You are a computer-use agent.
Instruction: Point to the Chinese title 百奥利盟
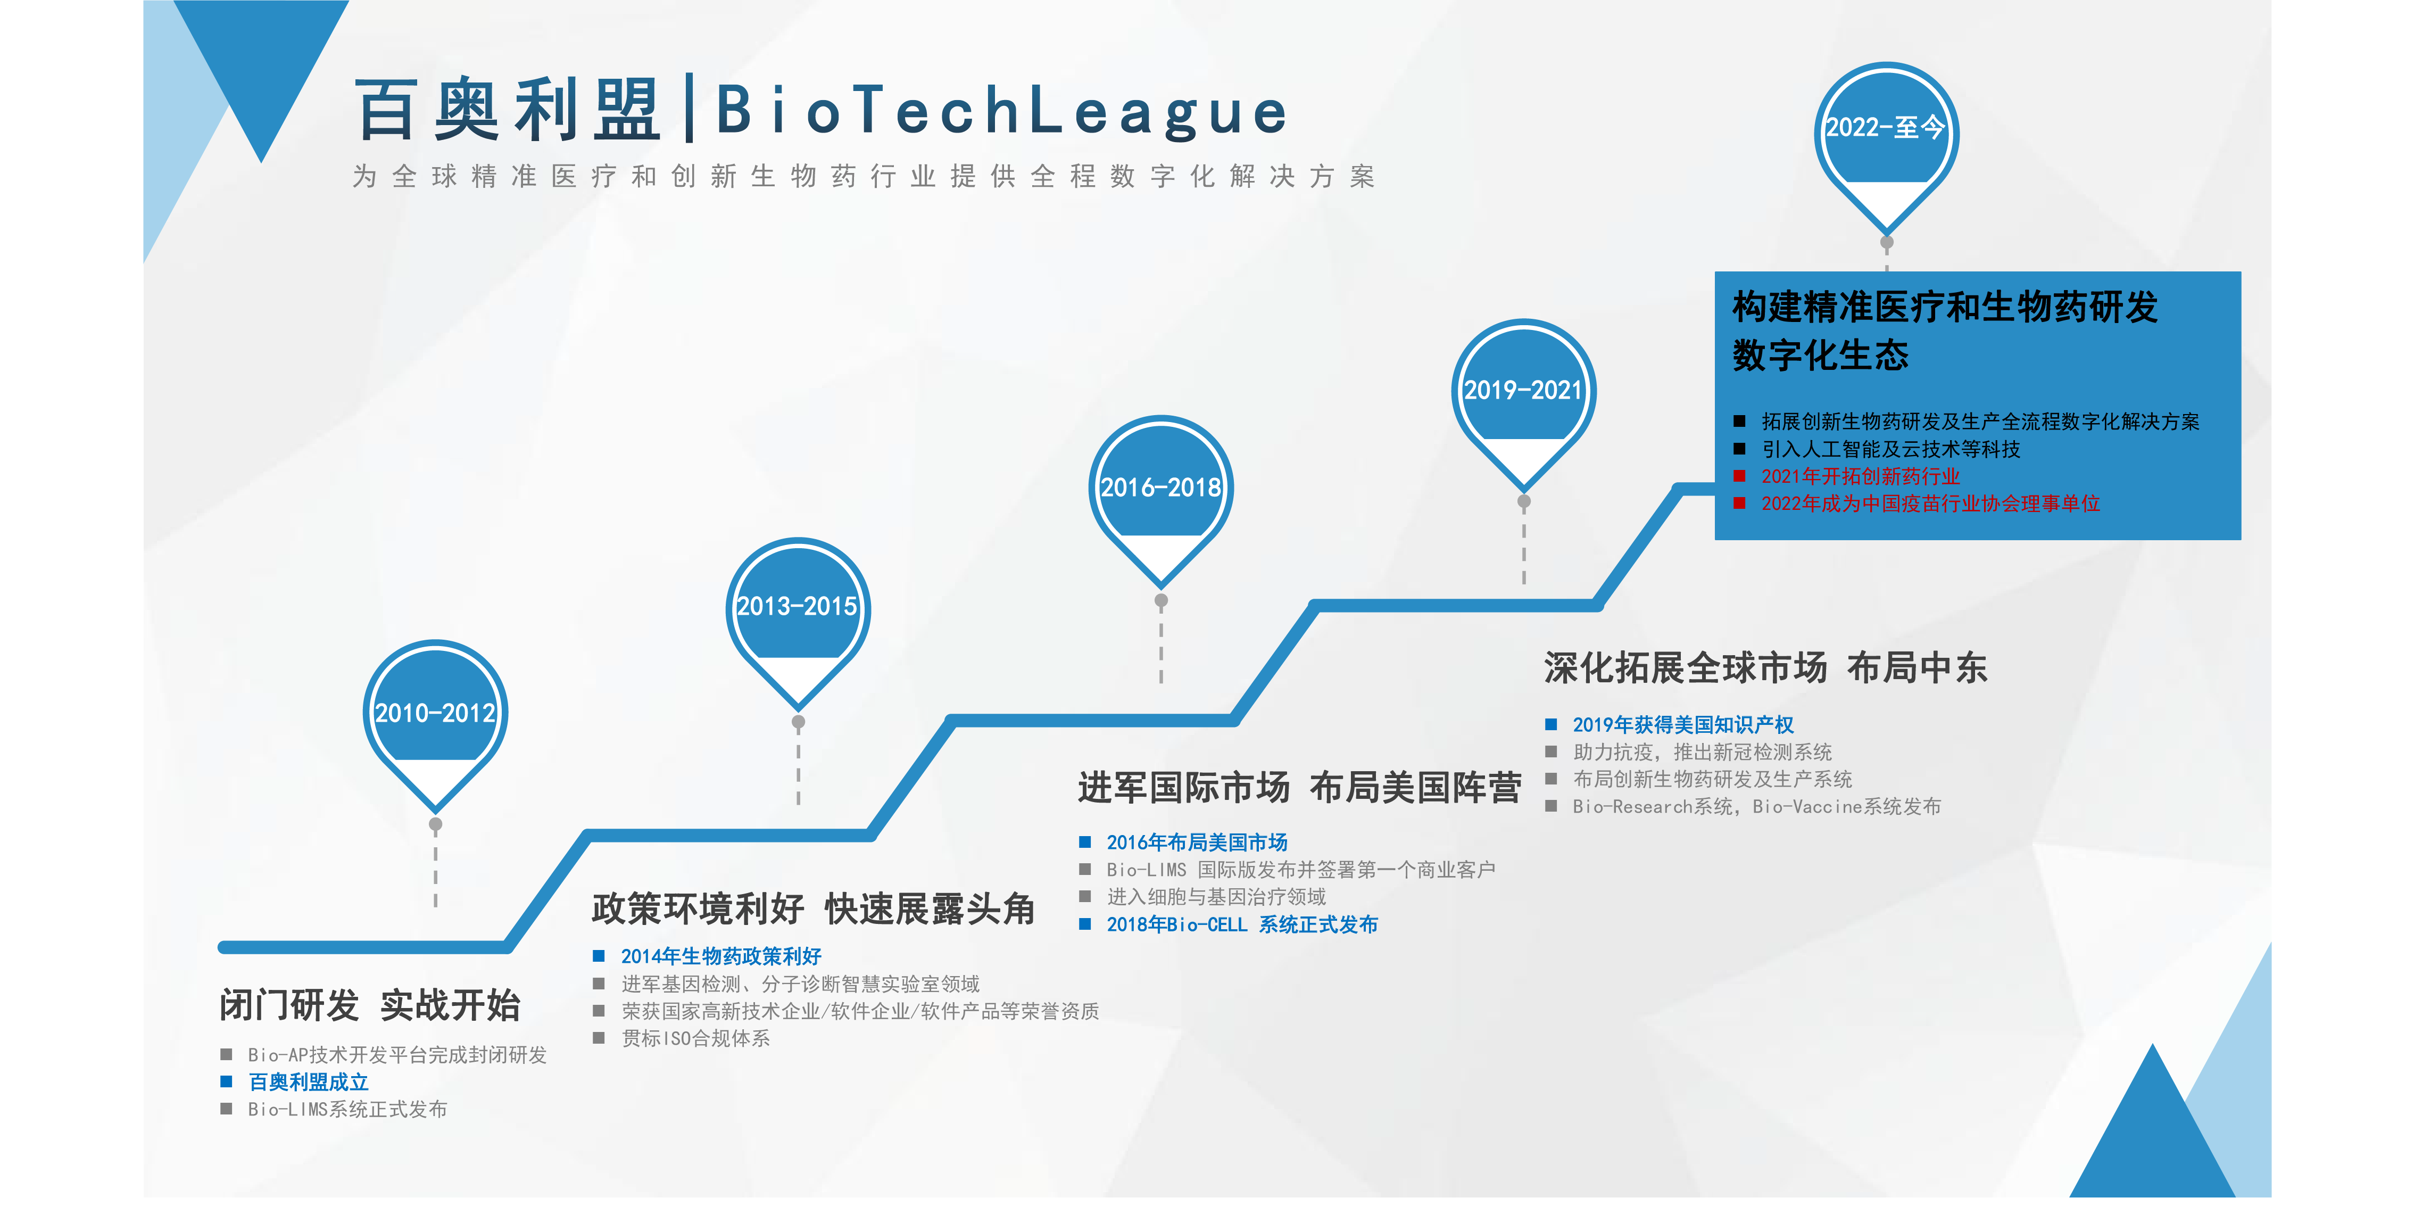[x=508, y=111]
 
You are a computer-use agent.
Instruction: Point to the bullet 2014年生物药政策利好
[x=720, y=957]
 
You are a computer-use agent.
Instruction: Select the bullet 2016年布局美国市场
[x=1197, y=842]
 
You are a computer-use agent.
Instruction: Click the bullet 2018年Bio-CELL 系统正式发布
[x=1242, y=925]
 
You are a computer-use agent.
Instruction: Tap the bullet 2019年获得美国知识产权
[x=1683, y=724]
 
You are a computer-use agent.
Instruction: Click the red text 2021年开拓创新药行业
[x=1860, y=477]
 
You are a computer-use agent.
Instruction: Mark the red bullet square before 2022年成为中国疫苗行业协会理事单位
[x=1739, y=504]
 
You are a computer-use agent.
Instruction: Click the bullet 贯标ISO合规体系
[x=695, y=1038]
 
